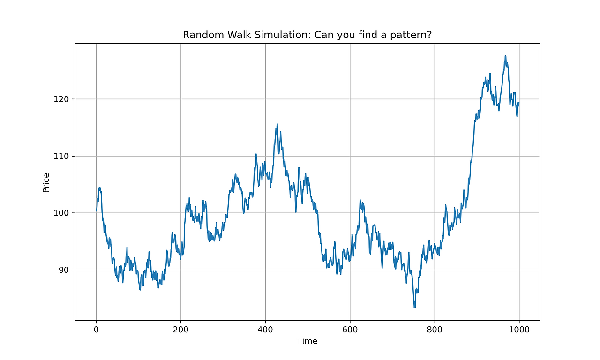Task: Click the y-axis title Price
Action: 46,182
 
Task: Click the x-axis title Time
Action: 307,341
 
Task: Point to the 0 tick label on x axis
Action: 96,330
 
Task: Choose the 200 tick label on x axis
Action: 180,330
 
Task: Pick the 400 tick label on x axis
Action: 265,330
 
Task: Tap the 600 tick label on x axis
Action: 350,330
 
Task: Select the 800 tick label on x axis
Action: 435,330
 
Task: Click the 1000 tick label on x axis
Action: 519,330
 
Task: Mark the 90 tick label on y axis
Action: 63,270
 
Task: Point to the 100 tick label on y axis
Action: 61,213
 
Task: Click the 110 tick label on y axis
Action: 61,156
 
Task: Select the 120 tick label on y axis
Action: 61,99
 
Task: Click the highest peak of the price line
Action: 505,56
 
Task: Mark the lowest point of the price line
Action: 414,307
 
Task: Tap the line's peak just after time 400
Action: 277,124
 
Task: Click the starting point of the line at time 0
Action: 96,210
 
